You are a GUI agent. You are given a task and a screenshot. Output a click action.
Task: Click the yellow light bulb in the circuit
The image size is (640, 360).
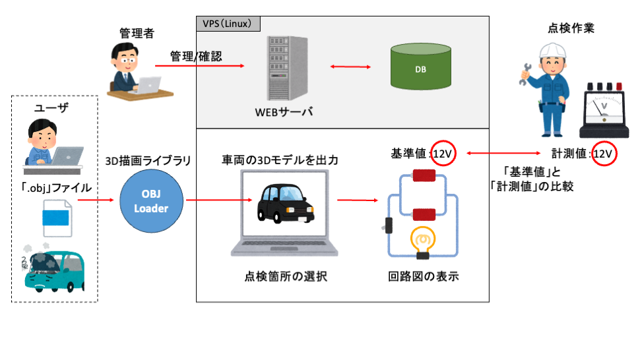pyautogui.click(x=421, y=240)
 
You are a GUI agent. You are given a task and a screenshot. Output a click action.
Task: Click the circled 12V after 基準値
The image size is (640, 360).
pyautogui.click(x=443, y=153)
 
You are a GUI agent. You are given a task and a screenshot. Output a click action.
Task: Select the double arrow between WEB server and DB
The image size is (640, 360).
pyautogui.click(x=350, y=67)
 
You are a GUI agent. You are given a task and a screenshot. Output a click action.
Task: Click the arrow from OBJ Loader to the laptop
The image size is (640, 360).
pyautogui.click(x=205, y=200)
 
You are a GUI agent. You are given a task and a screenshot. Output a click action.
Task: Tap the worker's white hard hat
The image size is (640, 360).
pyautogui.click(x=550, y=50)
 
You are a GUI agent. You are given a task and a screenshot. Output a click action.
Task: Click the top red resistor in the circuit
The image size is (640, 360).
pyautogui.click(x=422, y=177)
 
